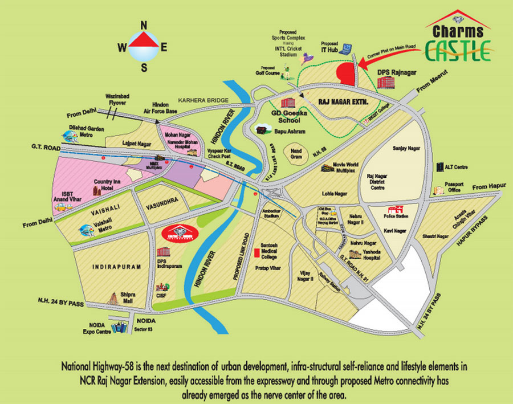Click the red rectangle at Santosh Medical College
pos(256,251)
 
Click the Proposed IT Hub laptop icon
pos(344,48)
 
